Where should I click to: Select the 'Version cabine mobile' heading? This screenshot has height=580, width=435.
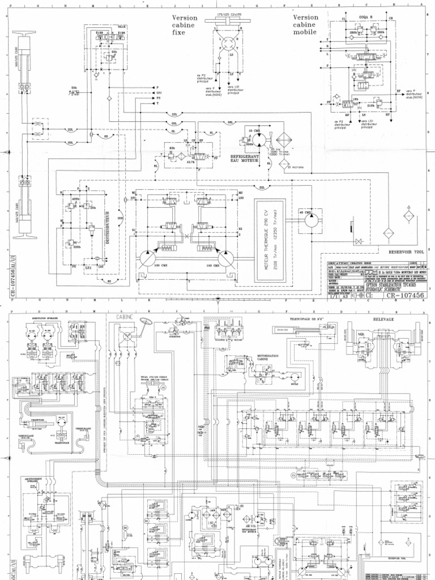pyautogui.click(x=306, y=24)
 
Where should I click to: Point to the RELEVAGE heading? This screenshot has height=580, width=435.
pyautogui.click(x=383, y=319)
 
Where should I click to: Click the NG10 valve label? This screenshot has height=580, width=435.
pyautogui.click(x=122, y=27)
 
